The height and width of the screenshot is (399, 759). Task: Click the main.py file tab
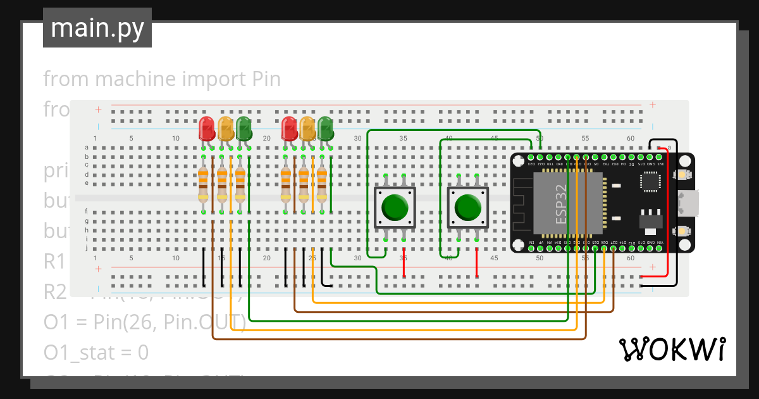97,28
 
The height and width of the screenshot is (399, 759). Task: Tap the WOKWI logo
671,349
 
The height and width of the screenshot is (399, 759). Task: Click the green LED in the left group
244,129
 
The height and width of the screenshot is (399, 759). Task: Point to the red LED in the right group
289,129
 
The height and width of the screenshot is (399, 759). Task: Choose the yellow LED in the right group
307,129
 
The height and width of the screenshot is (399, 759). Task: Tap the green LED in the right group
325,129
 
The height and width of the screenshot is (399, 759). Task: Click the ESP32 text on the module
561,204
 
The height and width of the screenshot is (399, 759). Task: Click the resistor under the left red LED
204,183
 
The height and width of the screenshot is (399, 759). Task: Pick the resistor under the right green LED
322,183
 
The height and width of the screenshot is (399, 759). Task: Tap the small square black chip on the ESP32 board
651,181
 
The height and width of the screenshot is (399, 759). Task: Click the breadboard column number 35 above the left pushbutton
403,138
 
